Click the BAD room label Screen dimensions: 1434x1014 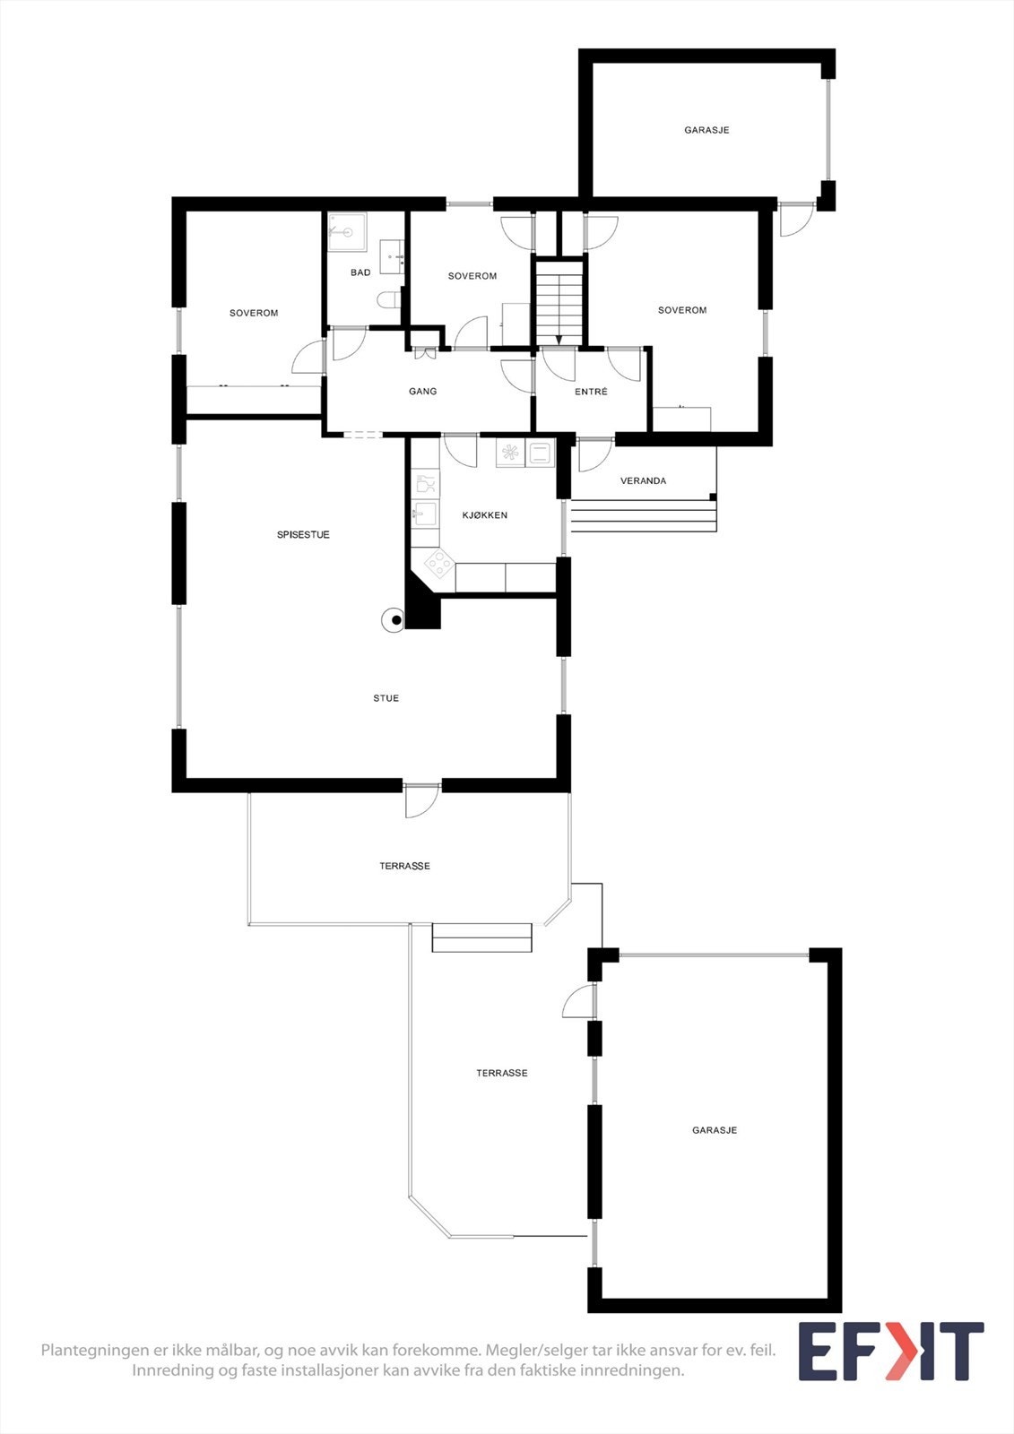coord(360,272)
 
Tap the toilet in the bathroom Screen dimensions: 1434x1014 coord(388,299)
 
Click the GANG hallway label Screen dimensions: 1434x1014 coord(423,392)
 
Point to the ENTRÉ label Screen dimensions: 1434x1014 coord(591,392)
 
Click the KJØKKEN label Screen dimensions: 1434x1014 coord(485,515)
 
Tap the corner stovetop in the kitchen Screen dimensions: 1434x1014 coord(438,564)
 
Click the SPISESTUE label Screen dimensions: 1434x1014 coord(303,535)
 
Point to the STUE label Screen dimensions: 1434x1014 coord(386,698)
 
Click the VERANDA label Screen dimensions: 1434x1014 coord(643,481)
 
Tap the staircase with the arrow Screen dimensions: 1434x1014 coord(559,300)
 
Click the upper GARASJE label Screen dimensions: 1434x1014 coord(706,131)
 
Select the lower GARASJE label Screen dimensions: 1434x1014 coord(715,1131)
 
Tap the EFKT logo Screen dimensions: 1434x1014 coord(890,1352)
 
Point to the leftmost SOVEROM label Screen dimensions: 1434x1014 coord(254,314)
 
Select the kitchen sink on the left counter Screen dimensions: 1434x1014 coord(425,514)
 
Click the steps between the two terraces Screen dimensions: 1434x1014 coord(482,937)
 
